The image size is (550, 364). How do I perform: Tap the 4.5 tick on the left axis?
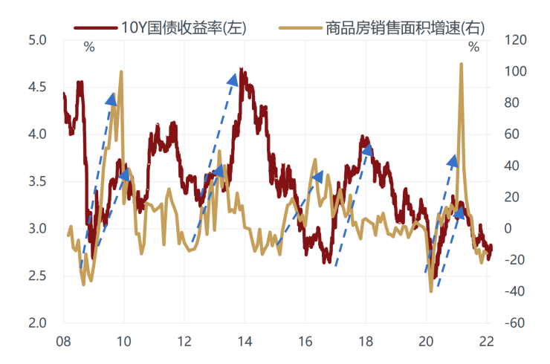click(x=36, y=87)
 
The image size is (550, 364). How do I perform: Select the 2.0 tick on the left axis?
click(x=36, y=323)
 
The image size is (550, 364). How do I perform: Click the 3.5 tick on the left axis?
click(x=36, y=181)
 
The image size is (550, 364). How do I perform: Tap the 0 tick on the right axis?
click(x=510, y=229)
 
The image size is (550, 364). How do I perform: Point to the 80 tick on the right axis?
click(x=513, y=103)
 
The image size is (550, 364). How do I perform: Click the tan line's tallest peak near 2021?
click(x=462, y=65)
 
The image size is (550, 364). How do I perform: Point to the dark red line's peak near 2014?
click(x=242, y=69)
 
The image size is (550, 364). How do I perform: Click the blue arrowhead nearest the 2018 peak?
click(x=366, y=150)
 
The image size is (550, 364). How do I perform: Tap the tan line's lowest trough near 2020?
click(x=431, y=290)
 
